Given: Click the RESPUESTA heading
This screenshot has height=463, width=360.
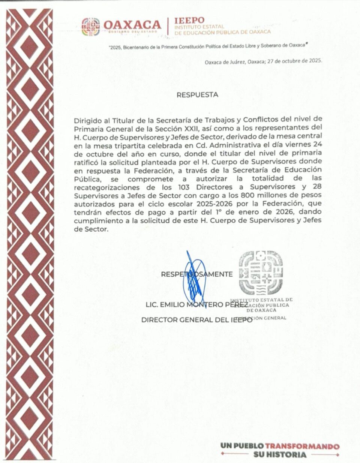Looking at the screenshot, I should pos(197,95).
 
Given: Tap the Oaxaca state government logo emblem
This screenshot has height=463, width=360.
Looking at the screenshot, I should pos(91,27).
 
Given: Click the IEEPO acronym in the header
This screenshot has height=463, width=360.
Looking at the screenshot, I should pos(190,20).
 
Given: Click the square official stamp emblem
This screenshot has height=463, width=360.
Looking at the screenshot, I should pos(261,273).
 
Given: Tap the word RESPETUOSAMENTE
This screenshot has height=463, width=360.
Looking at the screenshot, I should pos(196,274).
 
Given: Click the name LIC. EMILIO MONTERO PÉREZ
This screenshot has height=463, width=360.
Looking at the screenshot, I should pos(196,304).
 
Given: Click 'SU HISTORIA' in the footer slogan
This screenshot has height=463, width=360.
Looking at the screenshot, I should pos(280,455).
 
